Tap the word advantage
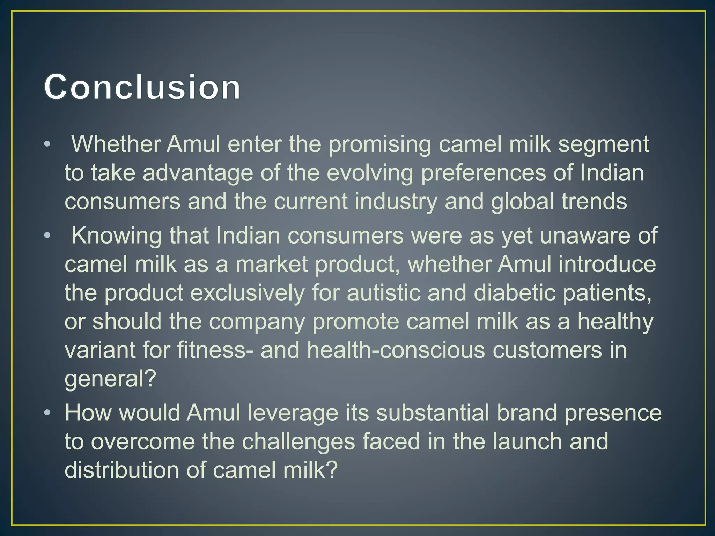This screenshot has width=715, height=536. pos(198,173)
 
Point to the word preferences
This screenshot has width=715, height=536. pos(483,173)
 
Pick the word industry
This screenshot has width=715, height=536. pos(396,202)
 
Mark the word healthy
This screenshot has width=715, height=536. pos(615,322)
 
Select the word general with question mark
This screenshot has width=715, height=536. pos(110,379)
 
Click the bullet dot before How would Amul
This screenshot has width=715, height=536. pos(47,414)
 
